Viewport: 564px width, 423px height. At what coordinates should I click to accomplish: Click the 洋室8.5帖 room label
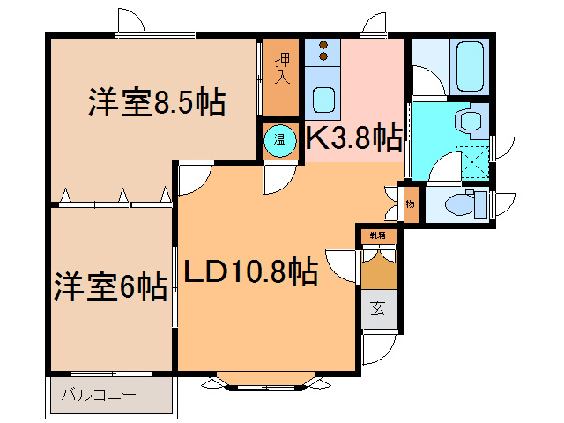pyautogui.click(x=156, y=103)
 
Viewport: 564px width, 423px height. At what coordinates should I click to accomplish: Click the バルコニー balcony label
pyautogui.click(x=98, y=394)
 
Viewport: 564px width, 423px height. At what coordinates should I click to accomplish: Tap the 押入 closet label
pyautogui.click(x=282, y=70)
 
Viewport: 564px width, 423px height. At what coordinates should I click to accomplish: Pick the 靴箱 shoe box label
pyautogui.click(x=377, y=235)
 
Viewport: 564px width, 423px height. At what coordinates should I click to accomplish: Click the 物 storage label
pyautogui.click(x=411, y=204)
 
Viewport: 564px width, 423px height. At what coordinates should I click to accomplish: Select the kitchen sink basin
pyautogui.click(x=322, y=99)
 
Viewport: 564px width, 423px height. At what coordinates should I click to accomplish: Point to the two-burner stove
pyautogui.click(x=323, y=50)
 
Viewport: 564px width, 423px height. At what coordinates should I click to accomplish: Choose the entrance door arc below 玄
pyautogui.click(x=376, y=345)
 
